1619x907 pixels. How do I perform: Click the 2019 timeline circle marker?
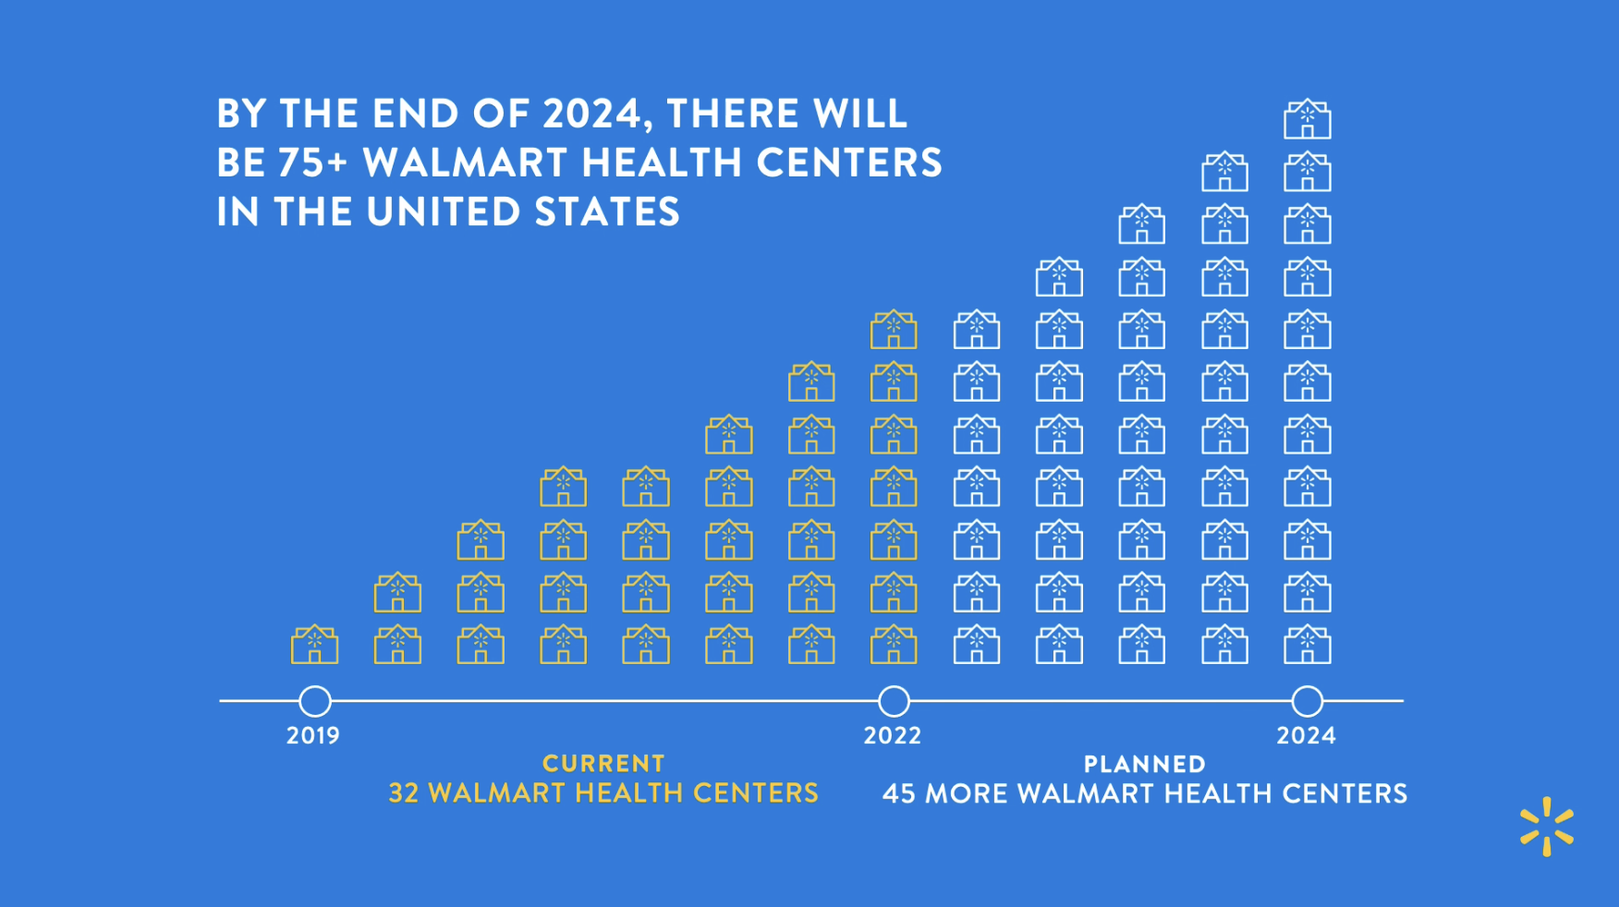[315, 701]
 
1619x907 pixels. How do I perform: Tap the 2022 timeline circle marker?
[894, 701]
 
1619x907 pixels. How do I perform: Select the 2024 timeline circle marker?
[1307, 701]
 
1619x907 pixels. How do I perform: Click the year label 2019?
[313, 736]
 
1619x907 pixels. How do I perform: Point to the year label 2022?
[893, 736]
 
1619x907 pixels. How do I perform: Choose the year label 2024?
[1306, 736]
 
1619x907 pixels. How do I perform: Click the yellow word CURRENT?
[603, 764]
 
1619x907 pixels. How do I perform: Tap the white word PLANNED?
[1144, 765]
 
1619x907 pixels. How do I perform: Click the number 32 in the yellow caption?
[404, 793]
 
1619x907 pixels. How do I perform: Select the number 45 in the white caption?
[898, 794]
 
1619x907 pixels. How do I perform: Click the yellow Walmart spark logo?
[1546, 827]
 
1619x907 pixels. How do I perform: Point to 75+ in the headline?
[312, 163]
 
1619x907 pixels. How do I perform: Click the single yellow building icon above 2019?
[314, 645]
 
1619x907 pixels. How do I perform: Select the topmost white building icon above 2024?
[1307, 119]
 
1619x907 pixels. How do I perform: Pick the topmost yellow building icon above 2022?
[894, 330]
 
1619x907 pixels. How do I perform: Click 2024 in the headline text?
[592, 114]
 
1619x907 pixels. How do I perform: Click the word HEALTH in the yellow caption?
[628, 793]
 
